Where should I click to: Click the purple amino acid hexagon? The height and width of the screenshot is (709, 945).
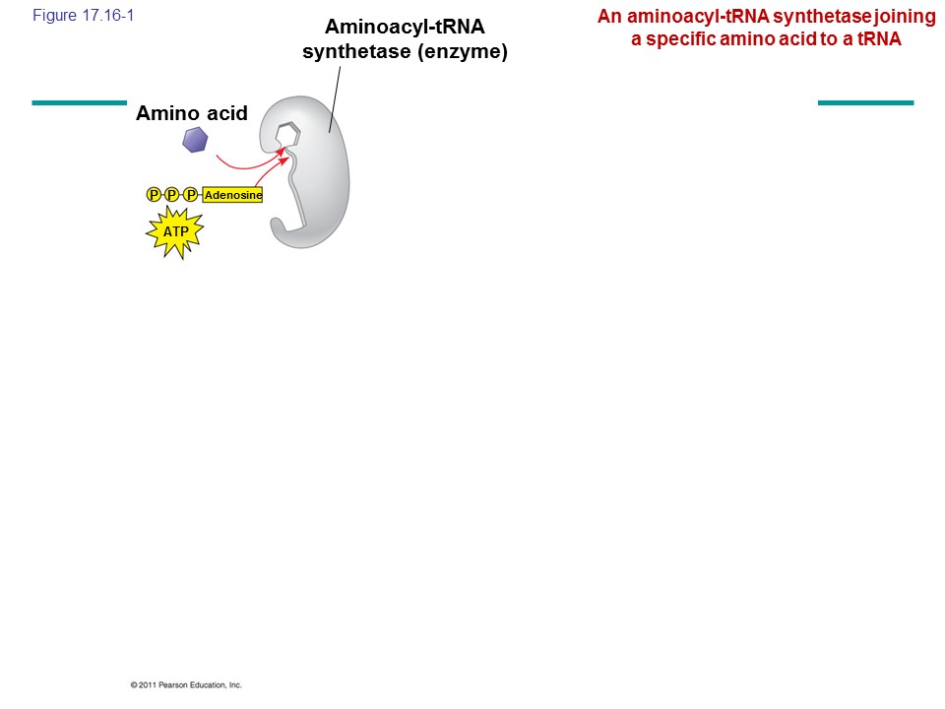(x=195, y=141)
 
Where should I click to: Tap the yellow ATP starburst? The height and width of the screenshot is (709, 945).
(x=175, y=232)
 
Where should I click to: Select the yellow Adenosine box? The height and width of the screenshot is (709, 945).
(x=233, y=195)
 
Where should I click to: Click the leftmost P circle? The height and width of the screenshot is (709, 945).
(x=154, y=195)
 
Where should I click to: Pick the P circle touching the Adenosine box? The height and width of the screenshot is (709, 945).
(x=191, y=195)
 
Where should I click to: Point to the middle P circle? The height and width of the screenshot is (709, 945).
(x=172, y=195)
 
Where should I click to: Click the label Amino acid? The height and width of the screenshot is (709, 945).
(x=192, y=113)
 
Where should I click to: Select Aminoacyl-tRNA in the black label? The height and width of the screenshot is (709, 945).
(x=405, y=27)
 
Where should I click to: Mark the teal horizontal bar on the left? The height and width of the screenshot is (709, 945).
(x=79, y=101)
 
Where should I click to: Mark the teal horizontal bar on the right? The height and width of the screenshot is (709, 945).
(x=865, y=101)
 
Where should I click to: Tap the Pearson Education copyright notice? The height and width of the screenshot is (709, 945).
(x=185, y=684)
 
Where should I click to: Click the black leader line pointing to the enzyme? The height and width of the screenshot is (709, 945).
(x=335, y=98)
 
